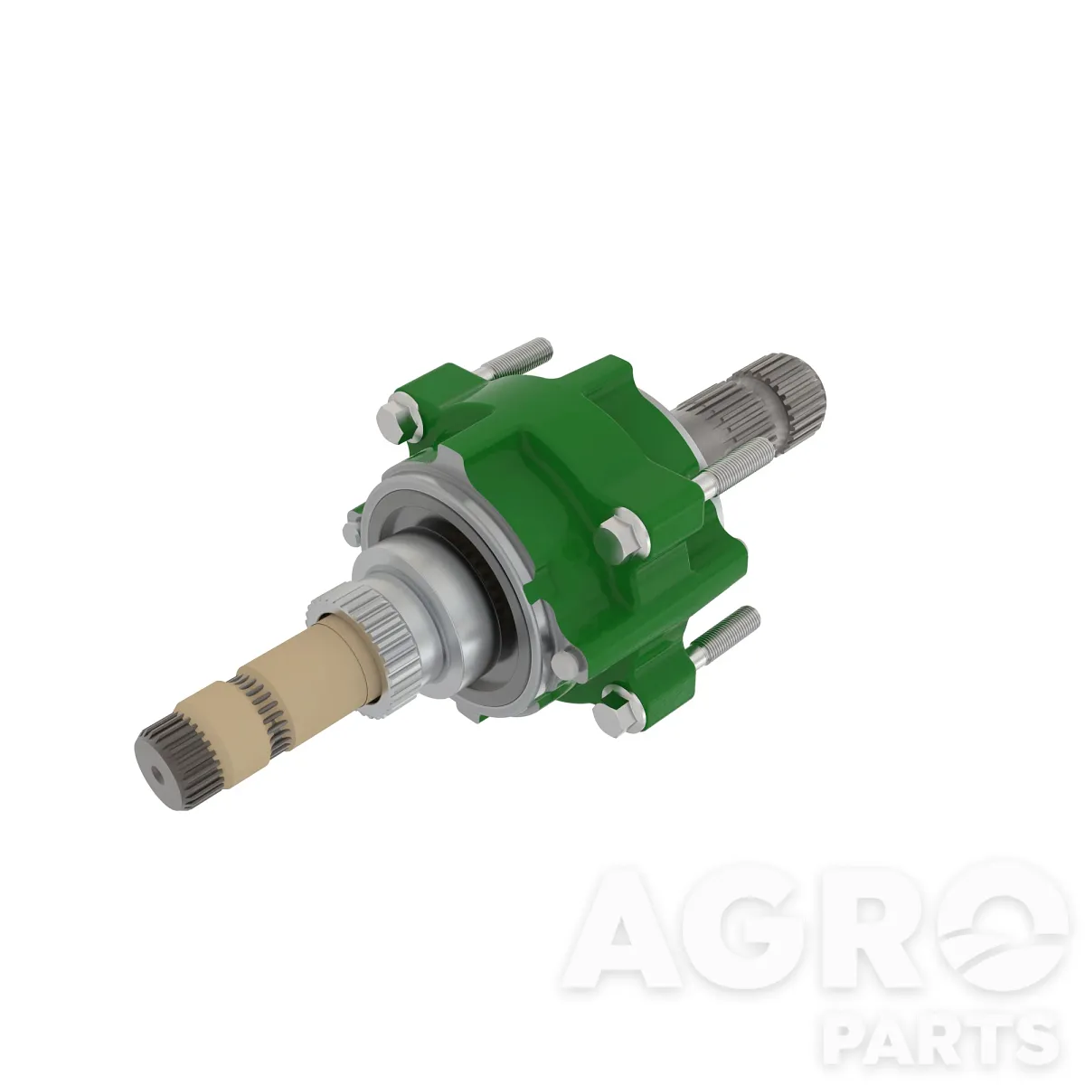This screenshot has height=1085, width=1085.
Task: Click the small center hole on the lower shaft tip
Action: point(160,775)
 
